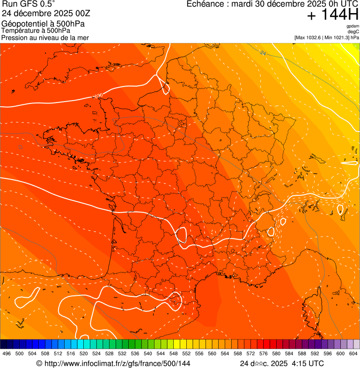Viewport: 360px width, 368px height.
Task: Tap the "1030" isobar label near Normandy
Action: pyautogui.click(x=97, y=96)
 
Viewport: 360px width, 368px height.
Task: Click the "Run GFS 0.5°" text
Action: pyautogui.click(x=28, y=4)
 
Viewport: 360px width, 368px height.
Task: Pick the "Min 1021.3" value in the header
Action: pyautogui.click(x=338, y=37)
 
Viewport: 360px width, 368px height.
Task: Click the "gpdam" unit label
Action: pyautogui.click(x=353, y=26)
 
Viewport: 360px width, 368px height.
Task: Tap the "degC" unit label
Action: pyautogui.click(x=353, y=32)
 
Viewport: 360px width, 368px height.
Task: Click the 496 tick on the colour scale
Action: pyautogui.click(x=7, y=354)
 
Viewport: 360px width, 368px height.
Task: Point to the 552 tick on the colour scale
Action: pyautogui.click(x=186, y=354)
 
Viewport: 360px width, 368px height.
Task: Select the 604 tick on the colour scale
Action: pyautogui.click(x=353, y=354)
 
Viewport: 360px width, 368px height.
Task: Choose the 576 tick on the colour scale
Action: pyautogui.click(x=263, y=354)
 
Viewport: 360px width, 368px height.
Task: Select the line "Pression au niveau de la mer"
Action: pyautogui.click(x=45, y=37)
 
